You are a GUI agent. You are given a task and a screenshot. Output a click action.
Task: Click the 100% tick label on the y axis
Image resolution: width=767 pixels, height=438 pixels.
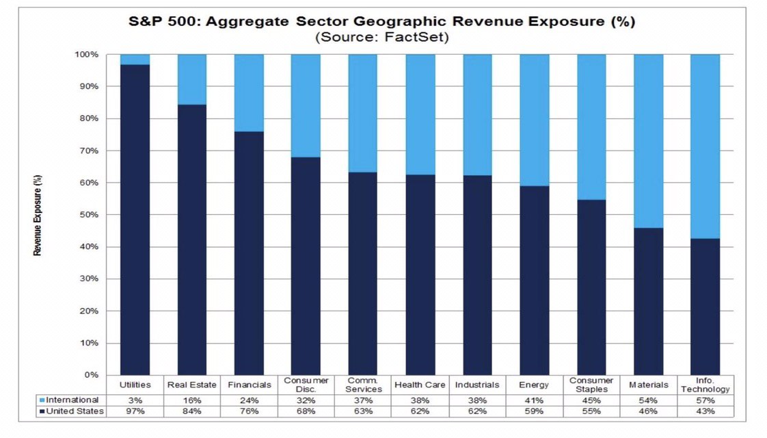(x=88, y=54)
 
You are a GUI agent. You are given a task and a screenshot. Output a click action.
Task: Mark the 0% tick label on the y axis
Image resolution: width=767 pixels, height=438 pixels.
(x=92, y=375)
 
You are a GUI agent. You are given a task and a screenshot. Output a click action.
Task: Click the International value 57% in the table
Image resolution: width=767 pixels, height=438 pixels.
(x=705, y=400)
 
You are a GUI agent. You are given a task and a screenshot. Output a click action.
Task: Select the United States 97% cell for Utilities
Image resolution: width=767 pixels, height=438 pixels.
(x=135, y=412)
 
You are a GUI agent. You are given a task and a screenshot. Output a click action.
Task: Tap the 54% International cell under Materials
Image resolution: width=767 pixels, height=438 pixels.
(x=648, y=400)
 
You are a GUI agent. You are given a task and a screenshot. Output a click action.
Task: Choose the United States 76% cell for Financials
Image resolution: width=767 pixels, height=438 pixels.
(x=249, y=412)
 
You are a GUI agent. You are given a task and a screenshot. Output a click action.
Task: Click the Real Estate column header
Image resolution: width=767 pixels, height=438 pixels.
(x=191, y=385)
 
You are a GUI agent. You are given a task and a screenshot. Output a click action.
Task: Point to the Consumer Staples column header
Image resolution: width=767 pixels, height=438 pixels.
(x=591, y=385)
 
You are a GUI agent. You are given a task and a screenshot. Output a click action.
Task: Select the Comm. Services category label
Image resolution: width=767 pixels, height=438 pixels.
(x=363, y=385)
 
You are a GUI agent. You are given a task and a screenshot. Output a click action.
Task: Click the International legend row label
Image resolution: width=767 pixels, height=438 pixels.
(x=72, y=400)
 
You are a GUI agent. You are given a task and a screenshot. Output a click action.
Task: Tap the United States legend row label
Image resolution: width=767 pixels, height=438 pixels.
(x=75, y=412)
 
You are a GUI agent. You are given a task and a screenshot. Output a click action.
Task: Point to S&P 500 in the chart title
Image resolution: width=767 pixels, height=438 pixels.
(x=155, y=21)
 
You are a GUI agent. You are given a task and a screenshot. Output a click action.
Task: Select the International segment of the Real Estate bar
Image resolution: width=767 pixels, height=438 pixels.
(x=191, y=79)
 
